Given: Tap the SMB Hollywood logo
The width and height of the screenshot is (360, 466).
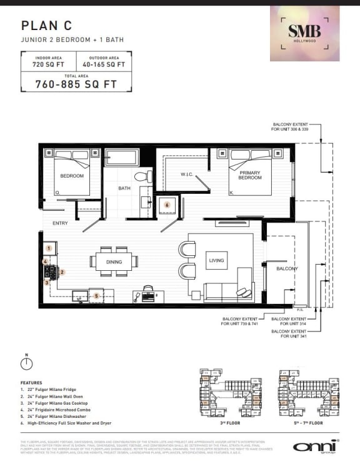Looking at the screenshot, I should [304, 33].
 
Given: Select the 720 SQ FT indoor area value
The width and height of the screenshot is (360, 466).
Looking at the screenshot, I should [47, 64].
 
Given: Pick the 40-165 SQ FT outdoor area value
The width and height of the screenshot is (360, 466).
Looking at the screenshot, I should [104, 64].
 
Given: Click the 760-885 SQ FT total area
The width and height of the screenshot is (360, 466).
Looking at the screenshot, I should [76, 83].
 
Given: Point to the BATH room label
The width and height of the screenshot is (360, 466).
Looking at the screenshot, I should [124, 188].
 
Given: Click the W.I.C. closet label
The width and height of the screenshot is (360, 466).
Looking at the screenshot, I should [189, 175].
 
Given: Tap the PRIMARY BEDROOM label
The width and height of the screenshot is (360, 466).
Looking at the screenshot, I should [250, 175].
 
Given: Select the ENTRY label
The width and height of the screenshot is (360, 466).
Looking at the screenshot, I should [61, 223].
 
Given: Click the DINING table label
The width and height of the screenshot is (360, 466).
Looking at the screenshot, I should [113, 263].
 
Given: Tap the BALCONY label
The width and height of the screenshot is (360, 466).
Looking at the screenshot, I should [287, 268].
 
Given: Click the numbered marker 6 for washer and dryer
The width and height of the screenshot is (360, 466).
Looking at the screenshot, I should [167, 205].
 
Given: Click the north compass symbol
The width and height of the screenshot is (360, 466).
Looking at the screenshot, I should [26, 362].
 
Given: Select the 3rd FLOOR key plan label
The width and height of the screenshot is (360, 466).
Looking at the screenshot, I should [231, 423].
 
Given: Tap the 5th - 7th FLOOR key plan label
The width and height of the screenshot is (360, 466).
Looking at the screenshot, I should [307, 423].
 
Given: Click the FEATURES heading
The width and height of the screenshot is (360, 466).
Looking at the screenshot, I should [31, 382].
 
